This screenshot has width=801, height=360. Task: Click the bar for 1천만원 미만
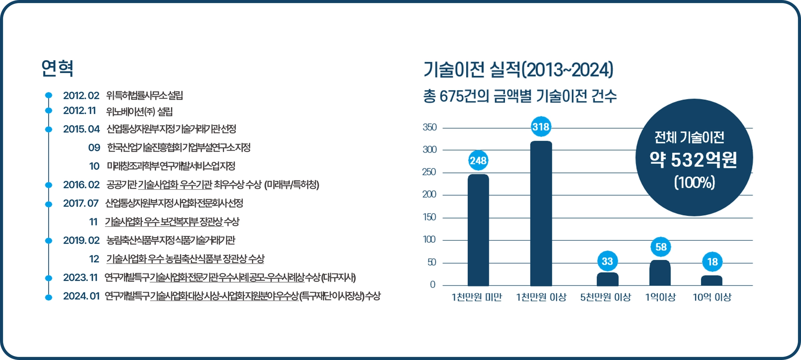coord(478,230)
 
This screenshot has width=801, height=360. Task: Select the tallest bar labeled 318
coord(541,213)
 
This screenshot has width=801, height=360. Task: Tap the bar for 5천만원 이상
coord(607,279)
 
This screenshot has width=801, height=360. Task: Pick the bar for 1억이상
coord(660,273)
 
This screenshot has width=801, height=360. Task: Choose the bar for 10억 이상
coord(711,280)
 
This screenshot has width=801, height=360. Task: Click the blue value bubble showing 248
coord(478,160)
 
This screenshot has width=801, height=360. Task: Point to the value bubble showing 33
coord(607,261)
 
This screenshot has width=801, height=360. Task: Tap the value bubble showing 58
coord(661,247)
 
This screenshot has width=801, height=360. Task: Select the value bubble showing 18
coord(712,262)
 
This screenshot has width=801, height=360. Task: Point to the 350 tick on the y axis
coord(429,127)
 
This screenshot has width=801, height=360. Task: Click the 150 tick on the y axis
coord(429,217)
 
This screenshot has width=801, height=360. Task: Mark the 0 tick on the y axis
coord(433,285)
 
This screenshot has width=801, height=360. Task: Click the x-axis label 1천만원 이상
coord(541,297)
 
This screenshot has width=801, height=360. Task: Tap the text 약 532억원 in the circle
coord(693,159)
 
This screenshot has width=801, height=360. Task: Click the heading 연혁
coord(57,68)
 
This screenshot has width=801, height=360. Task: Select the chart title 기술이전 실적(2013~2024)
coord(519,70)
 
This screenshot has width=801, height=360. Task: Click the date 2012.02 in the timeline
coord(81,95)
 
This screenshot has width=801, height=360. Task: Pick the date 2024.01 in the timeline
coord(81,296)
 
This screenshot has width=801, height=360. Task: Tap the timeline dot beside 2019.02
coord(48,240)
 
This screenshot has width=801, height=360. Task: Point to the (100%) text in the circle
coord(694,183)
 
